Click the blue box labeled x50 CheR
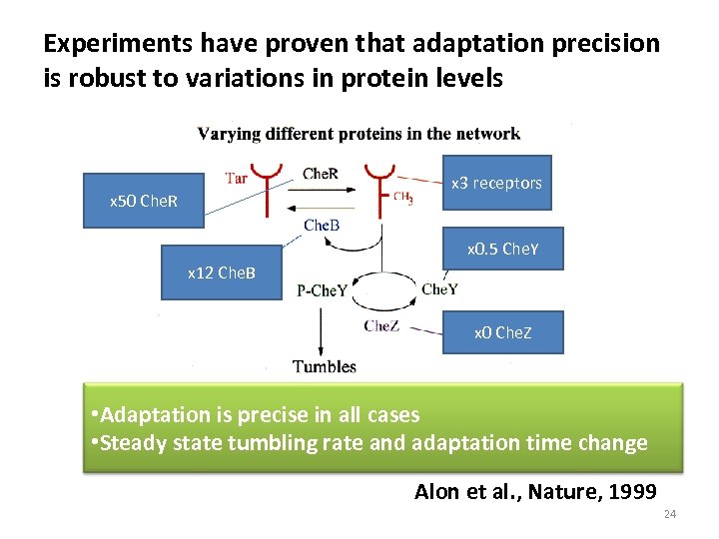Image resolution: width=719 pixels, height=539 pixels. pos(143,201)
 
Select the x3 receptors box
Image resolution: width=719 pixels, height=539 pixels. pos(496,183)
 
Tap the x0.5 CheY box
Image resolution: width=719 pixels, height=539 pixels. pos(502,250)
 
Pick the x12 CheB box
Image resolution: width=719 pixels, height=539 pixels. pos(221,272)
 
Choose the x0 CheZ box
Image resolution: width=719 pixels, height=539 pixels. pos(502,332)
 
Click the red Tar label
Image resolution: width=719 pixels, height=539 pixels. pos(237,179)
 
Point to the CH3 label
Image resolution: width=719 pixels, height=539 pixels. pos(403,198)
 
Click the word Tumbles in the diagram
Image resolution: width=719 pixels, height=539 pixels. pos(325,366)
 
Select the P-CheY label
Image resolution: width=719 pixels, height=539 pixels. pos(323,290)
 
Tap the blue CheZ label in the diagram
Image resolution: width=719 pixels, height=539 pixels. pos(381,325)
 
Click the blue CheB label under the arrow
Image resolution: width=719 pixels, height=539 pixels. pos(322,225)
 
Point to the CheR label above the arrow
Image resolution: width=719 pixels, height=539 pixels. pos(320,174)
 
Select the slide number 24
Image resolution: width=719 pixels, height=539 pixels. pos(669,515)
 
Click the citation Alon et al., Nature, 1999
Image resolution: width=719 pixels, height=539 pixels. pos(535,490)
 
